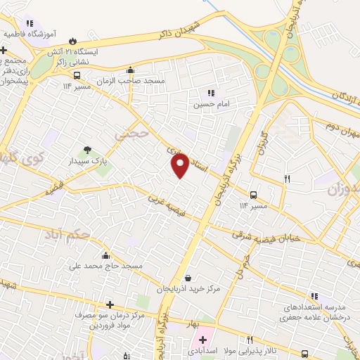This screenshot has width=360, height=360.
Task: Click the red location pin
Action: click(180, 166)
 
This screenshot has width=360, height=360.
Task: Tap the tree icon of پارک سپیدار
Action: click(87, 150)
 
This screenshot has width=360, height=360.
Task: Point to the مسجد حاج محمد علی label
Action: click(105, 266)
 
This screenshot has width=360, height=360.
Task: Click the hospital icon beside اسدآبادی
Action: click(202, 340)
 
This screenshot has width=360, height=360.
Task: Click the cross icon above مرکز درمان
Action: click(110, 304)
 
